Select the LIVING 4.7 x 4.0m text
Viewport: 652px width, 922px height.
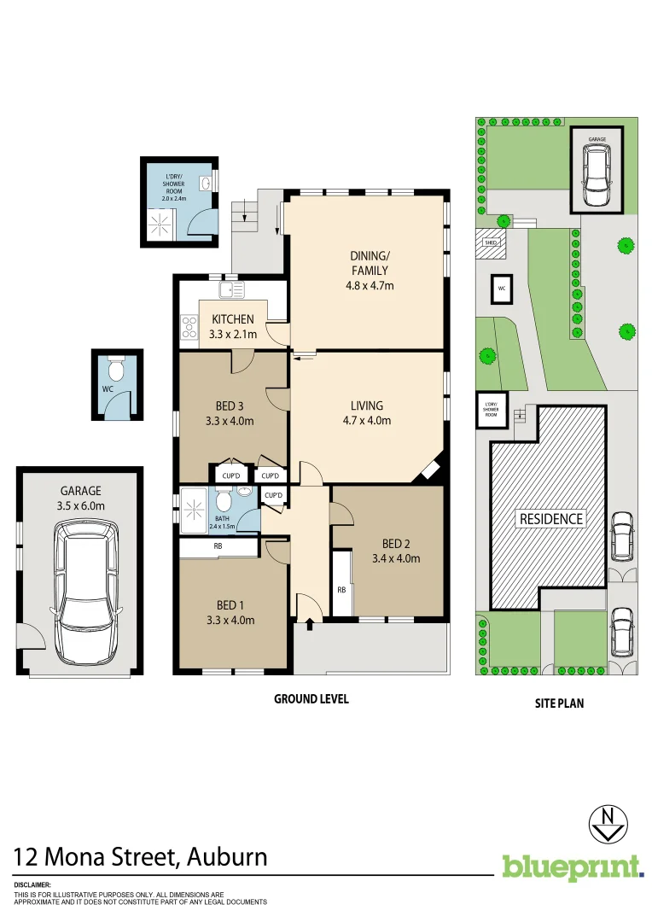pos(366,413)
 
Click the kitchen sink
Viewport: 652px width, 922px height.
pos(230,290)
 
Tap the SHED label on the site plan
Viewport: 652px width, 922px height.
pos(490,242)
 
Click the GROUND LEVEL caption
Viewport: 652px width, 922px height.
pos(311,699)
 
